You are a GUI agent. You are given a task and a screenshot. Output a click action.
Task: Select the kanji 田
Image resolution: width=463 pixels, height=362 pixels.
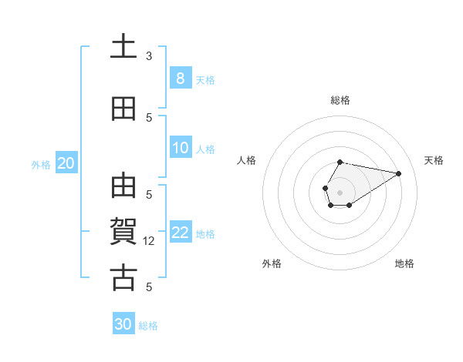click(123, 109)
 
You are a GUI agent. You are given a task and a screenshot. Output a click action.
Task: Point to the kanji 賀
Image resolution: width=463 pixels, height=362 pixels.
click(123, 232)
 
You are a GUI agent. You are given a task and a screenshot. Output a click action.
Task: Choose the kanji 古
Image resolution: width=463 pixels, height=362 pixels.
click(123, 277)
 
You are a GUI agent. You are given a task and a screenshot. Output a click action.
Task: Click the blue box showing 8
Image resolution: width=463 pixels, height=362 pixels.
click(180, 79)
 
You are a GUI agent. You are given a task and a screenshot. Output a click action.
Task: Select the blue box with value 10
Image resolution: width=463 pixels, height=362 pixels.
click(180, 149)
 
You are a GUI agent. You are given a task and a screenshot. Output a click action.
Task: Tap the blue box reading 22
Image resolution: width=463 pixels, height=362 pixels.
click(180, 233)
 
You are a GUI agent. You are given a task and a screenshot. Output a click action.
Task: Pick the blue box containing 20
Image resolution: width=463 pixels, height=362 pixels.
click(66, 163)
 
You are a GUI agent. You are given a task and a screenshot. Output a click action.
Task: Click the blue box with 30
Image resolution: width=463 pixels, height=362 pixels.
click(123, 324)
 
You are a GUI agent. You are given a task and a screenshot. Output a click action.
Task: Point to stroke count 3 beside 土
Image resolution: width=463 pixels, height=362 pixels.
click(149, 56)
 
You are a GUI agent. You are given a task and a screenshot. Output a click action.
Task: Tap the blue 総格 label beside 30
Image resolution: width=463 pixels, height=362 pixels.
click(148, 326)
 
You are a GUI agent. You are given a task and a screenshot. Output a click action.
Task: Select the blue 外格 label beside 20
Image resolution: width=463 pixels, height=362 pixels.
click(41, 164)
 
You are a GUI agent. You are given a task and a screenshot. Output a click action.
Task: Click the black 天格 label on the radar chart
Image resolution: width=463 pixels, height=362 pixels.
click(434, 160)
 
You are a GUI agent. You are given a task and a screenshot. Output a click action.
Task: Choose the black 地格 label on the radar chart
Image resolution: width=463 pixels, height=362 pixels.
click(404, 263)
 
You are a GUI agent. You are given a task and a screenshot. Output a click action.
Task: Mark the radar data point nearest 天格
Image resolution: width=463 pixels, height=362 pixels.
click(399, 173)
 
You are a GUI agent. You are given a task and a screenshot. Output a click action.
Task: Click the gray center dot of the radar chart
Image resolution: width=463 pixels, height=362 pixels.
click(340, 191)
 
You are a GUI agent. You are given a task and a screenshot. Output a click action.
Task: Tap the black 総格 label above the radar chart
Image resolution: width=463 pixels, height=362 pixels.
click(340, 100)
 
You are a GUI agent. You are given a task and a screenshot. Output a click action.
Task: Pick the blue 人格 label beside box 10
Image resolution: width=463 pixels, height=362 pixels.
click(205, 149)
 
